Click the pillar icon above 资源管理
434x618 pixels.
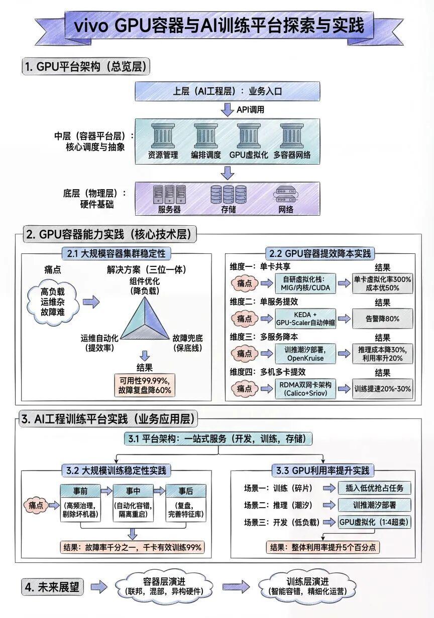coord(163,136)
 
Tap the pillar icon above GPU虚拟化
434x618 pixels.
coord(249,136)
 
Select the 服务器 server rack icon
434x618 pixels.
coord(169,195)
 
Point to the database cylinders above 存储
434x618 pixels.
coord(228,194)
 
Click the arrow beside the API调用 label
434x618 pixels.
coord(228,109)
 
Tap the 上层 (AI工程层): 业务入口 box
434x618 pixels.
coord(228,91)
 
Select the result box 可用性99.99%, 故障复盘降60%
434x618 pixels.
coord(145,385)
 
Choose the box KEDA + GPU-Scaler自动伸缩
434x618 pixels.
coord(305,319)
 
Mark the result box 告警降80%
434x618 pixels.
coord(382,319)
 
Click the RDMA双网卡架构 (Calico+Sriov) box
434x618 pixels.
coord(305,389)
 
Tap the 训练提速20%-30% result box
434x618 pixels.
coord(382,389)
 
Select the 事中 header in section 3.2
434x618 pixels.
coord(133,491)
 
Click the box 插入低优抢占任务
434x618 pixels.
coord(374,488)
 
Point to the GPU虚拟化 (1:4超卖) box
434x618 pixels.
coord(374,522)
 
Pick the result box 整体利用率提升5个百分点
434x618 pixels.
coord(322,547)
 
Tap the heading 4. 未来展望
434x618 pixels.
coord(52,587)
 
